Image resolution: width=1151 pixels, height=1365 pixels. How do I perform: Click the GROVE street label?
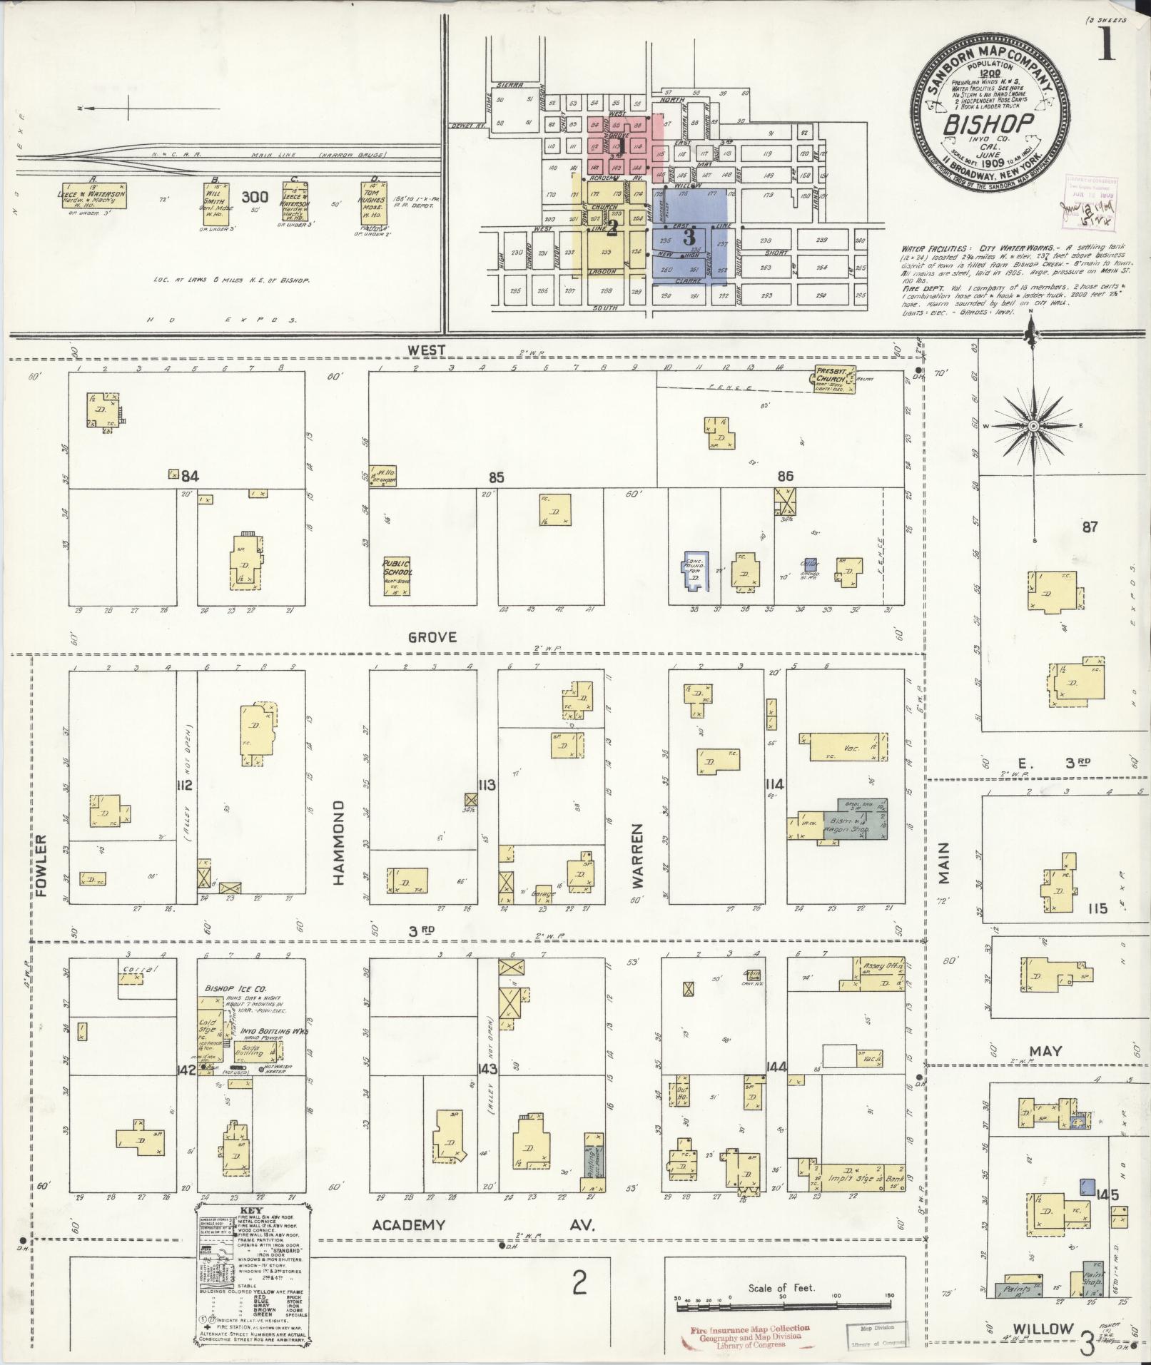pyautogui.click(x=432, y=637)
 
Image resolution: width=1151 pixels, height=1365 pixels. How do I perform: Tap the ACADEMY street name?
pyautogui.click(x=409, y=1225)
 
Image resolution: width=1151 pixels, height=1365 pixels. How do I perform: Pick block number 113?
pyautogui.click(x=487, y=786)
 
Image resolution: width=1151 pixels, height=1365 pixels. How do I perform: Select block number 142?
pyautogui.click(x=187, y=1069)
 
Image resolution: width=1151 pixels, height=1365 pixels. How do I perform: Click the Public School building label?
pyautogui.click(x=397, y=567)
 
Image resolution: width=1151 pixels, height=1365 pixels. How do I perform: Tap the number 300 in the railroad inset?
pyautogui.click(x=255, y=196)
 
